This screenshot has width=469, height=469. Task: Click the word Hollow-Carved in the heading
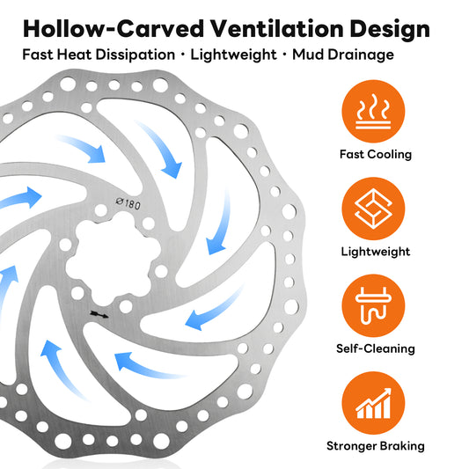[114, 29]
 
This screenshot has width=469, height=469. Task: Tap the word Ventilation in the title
[277, 29]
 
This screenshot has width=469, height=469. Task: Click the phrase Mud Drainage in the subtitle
[343, 55]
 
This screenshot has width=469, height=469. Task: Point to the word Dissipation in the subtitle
[136, 55]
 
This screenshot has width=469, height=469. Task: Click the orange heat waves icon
[373, 111]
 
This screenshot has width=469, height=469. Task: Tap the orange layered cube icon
[373, 209]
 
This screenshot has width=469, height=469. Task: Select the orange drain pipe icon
[373, 305]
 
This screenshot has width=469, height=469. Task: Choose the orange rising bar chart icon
[373, 403]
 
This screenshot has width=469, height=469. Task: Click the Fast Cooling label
[376, 155]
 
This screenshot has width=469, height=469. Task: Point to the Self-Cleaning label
[376, 348]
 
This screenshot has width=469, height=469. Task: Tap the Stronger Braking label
[376, 446]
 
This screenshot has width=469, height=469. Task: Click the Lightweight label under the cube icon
[376, 252]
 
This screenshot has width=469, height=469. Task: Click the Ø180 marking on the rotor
[128, 203]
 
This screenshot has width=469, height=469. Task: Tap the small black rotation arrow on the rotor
[99, 314]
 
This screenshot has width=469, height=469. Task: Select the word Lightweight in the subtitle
[233, 55]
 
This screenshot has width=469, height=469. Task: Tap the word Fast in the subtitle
[38, 55]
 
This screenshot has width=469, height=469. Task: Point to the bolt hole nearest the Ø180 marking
[101, 211]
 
